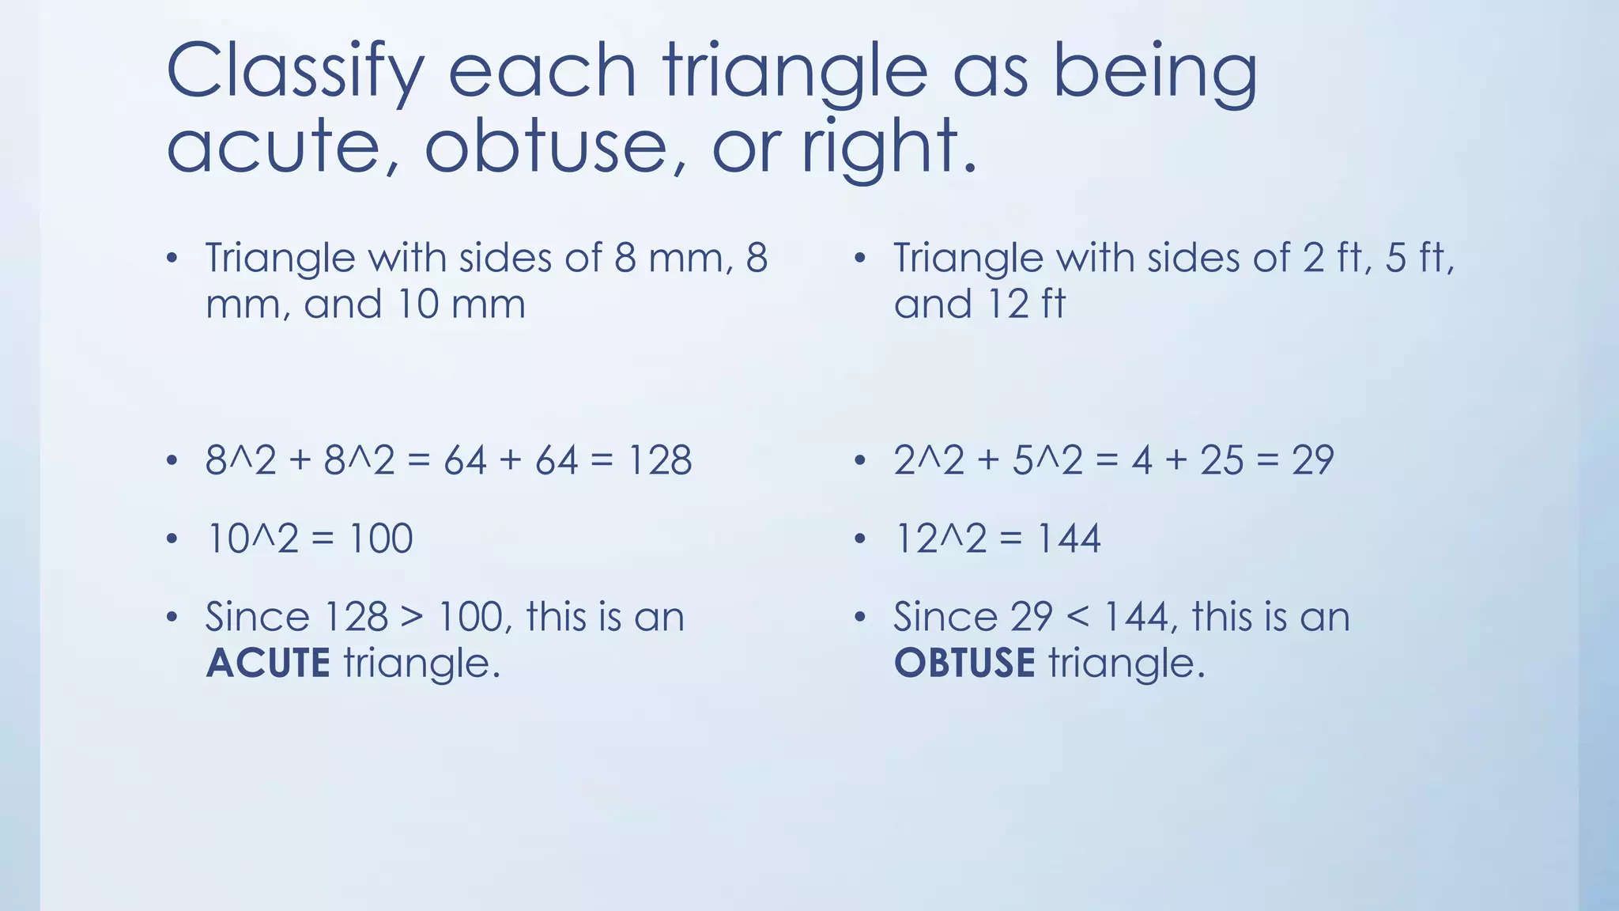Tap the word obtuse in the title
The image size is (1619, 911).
[545, 146]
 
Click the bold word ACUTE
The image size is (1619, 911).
[267, 663]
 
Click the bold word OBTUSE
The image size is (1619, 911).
[964, 663]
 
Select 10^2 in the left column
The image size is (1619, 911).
[252, 539]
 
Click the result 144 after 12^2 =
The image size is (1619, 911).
[1068, 539]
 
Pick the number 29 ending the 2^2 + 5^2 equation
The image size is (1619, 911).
[1312, 460]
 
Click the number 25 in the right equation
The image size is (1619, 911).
[1221, 460]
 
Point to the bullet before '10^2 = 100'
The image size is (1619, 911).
[172, 539]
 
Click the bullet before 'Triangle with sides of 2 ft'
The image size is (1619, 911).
[860, 259]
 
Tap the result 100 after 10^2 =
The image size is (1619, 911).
[380, 539]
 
